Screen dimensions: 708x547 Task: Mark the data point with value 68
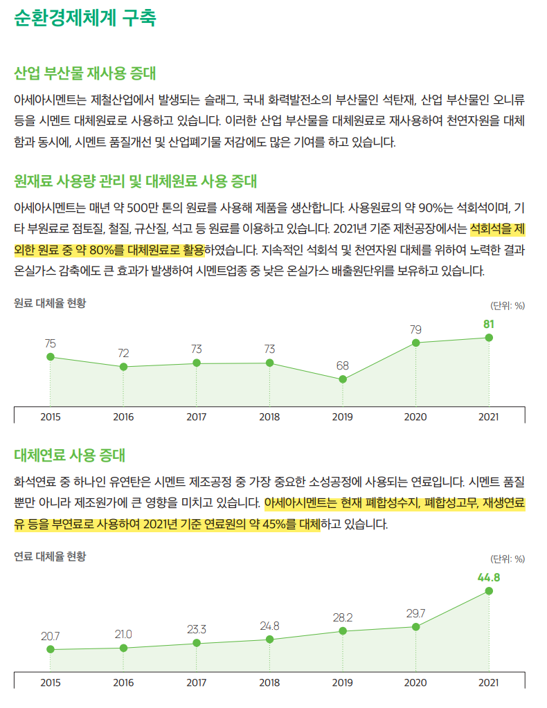coord(343,379)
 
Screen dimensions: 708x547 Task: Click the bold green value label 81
coord(489,323)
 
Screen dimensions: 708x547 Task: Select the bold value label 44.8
coord(489,577)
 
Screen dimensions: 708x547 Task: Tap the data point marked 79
coord(415,343)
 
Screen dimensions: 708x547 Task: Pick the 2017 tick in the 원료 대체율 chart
coord(197,417)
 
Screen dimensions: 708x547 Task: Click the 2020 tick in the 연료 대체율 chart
coord(415,682)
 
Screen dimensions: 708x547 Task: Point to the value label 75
coord(51,343)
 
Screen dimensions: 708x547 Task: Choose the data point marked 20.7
coord(51,650)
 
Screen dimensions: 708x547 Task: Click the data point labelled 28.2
coord(343,631)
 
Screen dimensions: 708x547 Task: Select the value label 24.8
coord(269,626)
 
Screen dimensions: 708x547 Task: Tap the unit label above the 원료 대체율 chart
coord(508,305)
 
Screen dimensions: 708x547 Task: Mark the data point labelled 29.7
coord(415,627)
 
